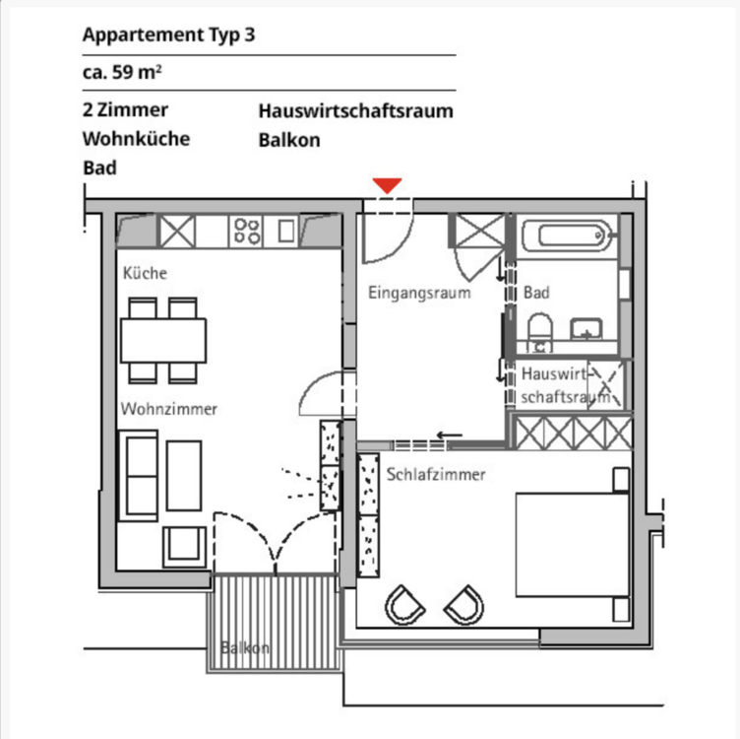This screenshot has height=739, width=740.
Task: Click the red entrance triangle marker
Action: click(388, 185)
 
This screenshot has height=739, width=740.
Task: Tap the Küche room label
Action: click(145, 273)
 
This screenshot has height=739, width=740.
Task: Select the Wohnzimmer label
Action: click(169, 408)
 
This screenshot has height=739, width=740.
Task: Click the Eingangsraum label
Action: click(419, 293)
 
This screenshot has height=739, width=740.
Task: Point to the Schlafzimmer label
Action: click(436, 474)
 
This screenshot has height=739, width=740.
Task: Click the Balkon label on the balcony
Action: click(245, 648)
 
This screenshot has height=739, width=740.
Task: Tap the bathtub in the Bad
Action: click(566, 236)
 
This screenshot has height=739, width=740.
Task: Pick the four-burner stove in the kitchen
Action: click(246, 232)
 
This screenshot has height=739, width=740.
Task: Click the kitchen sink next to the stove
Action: click(286, 232)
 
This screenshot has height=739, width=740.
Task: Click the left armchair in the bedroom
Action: click(403, 604)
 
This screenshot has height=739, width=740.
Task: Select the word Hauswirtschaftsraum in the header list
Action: click(355, 110)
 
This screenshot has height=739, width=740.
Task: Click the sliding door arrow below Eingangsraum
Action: click(449, 437)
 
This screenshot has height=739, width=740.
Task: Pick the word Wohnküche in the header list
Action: click(136, 138)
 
